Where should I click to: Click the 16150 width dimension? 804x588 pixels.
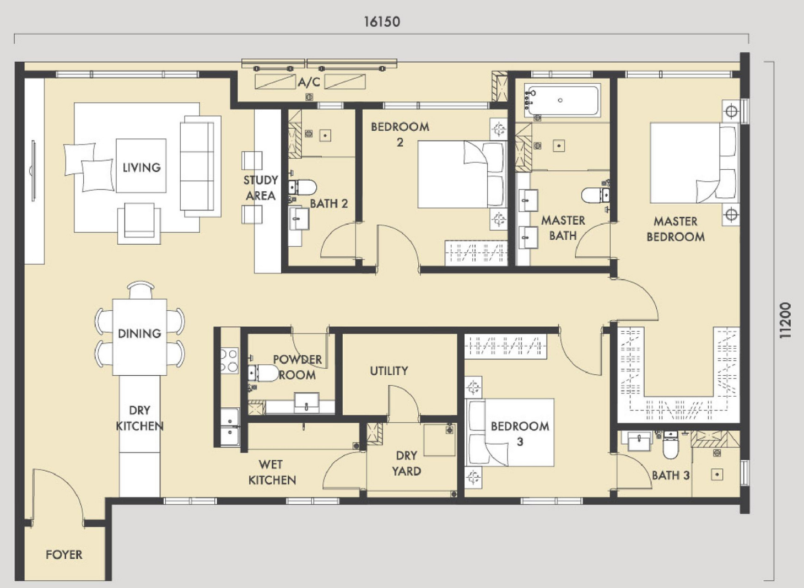coord(382,22)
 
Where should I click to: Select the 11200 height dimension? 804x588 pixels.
coord(785,320)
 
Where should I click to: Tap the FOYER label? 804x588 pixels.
coord(64,554)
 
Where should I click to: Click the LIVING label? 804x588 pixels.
coord(142,168)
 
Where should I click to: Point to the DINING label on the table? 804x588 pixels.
coord(139,333)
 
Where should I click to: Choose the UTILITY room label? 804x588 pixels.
coord(389,370)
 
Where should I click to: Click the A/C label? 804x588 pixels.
coord(309,82)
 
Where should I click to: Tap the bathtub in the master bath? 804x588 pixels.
coord(563,100)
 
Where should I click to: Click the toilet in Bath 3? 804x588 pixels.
coord(671,445)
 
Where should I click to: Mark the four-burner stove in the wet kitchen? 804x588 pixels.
coord(229,361)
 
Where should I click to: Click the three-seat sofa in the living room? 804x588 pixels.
coord(200,166)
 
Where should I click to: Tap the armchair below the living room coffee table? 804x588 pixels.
coord(139,223)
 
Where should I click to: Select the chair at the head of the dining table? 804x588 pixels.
coord(141,290)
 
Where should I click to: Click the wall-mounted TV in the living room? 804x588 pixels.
coord(34,171)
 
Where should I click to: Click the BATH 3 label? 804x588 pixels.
coord(671,475)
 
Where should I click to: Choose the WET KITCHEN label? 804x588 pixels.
coord(272,472)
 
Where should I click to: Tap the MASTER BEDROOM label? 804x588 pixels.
coord(676,229)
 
